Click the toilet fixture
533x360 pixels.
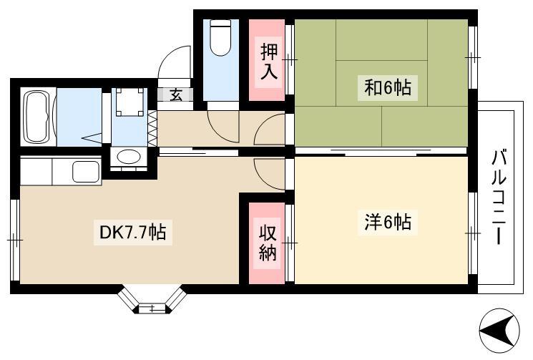[x=220, y=37]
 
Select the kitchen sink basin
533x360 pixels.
[x=86, y=171]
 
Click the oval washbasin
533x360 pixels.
[x=129, y=157]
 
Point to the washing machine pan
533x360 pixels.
[x=129, y=102]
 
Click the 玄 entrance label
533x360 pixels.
[x=176, y=95]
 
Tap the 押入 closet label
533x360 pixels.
[x=268, y=62]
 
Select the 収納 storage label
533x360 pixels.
[x=268, y=243]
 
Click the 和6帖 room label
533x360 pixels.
[x=388, y=88]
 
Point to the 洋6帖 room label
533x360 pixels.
[x=388, y=223]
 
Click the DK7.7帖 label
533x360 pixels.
[x=132, y=233]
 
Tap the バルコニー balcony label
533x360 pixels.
[x=499, y=197]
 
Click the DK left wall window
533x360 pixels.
[x=14, y=240]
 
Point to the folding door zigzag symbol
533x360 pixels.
[x=152, y=128]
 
